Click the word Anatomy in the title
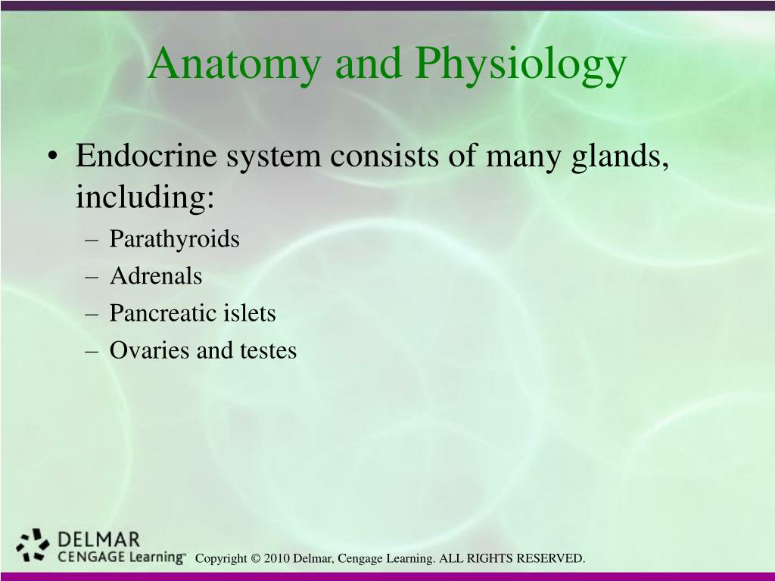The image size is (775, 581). [235, 65]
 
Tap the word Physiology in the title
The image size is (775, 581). [521, 65]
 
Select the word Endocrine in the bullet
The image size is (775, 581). [146, 155]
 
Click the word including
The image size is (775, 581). [145, 198]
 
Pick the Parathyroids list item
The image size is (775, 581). [175, 240]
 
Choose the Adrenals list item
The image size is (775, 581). [156, 275]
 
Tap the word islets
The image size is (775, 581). [249, 313]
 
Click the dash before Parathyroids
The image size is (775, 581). [92, 240]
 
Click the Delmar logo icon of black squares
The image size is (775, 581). [33, 545]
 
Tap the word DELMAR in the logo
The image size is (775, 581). [99, 539]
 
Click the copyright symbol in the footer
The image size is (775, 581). [256, 559]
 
